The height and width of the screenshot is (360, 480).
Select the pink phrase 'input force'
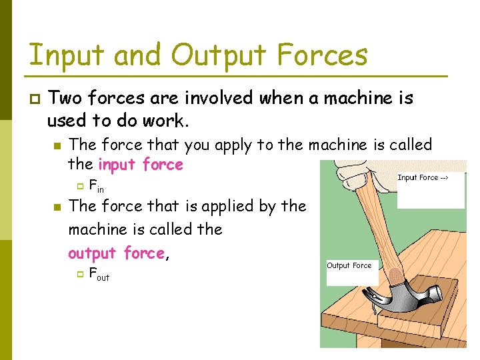pyautogui.click(x=140, y=164)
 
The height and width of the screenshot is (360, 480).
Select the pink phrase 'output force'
pyautogui.click(x=116, y=253)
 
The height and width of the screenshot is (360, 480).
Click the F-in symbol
pyautogui.click(x=96, y=187)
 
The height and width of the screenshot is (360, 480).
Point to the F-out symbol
pyautogui.click(x=99, y=274)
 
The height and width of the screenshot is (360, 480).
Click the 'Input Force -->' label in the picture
pyautogui.click(x=423, y=177)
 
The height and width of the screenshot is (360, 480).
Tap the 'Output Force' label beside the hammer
pyautogui.click(x=349, y=265)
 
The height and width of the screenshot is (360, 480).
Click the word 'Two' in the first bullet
pyautogui.click(x=64, y=99)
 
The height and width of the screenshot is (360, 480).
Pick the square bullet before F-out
pyautogui.click(x=79, y=273)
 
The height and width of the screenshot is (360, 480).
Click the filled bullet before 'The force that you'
pyautogui.click(x=57, y=145)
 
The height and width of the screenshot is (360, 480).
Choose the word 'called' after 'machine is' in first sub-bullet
pyautogui.click(x=408, y=145)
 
